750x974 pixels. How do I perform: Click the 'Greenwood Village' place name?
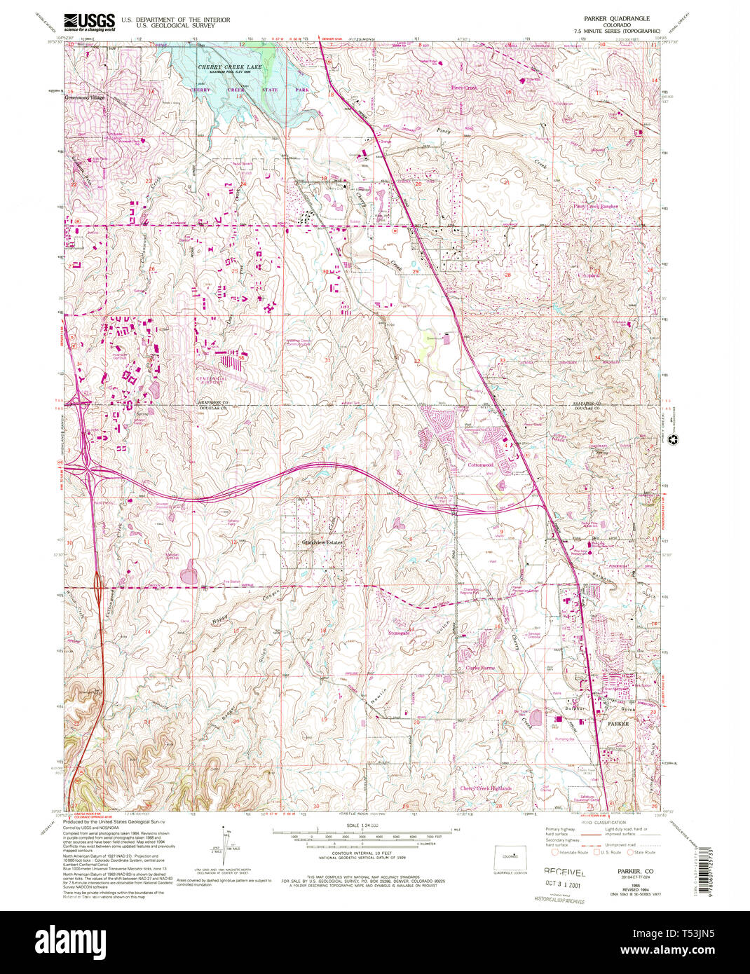click(85, 97)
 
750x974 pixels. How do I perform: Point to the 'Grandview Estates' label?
click(322, 542)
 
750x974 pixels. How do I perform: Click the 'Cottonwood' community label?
click(481, 465)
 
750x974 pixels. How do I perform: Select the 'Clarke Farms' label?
click(480, 668)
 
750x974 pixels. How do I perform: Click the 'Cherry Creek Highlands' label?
click(486, 788)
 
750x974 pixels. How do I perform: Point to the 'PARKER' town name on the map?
click(618, 722)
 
